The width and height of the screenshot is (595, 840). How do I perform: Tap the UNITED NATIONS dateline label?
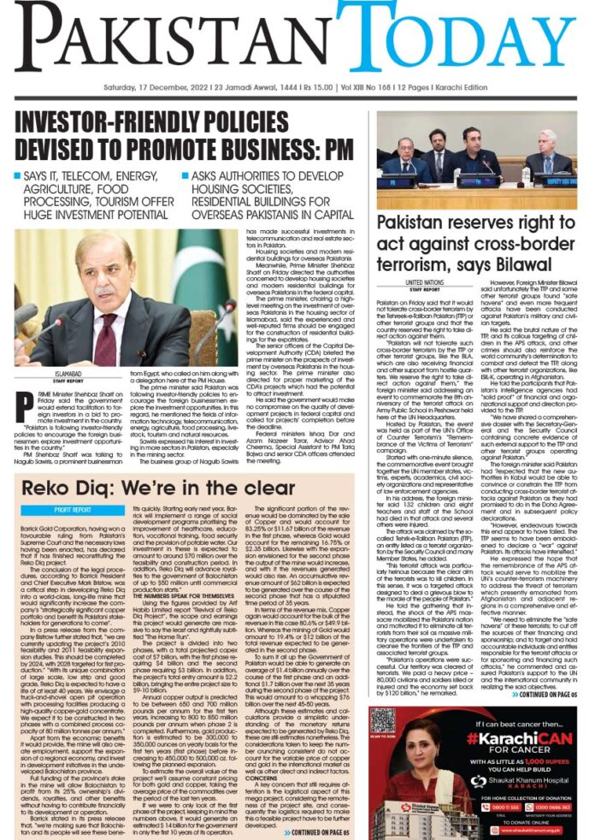point(425,281)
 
